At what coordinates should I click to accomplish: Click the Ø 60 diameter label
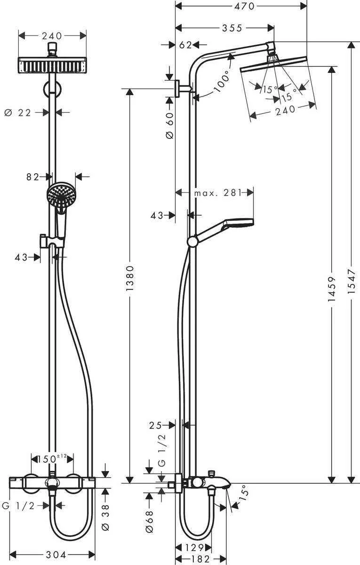170,125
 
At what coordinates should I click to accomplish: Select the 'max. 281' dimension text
217,192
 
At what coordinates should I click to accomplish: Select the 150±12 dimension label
52,458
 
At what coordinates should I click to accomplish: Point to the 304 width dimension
52,555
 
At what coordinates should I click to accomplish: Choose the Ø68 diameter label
150,522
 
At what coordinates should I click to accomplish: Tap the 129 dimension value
193,548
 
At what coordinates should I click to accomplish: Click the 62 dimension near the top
186,45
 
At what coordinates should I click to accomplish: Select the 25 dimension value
156,425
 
